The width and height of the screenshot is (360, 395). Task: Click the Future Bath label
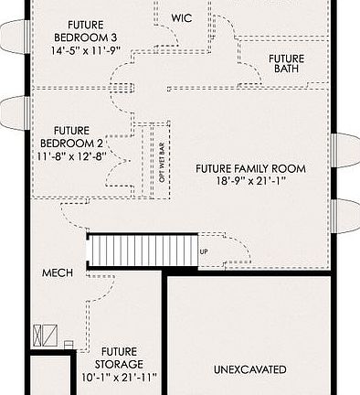(286, 65)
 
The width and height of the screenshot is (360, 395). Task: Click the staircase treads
(142, 249)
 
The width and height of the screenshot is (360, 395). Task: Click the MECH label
(57, 273)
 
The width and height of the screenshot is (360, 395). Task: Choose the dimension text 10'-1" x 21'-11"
(119, 376)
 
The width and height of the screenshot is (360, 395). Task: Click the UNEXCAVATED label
(249, 369)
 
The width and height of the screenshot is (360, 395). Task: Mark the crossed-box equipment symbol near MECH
(41, 335)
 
